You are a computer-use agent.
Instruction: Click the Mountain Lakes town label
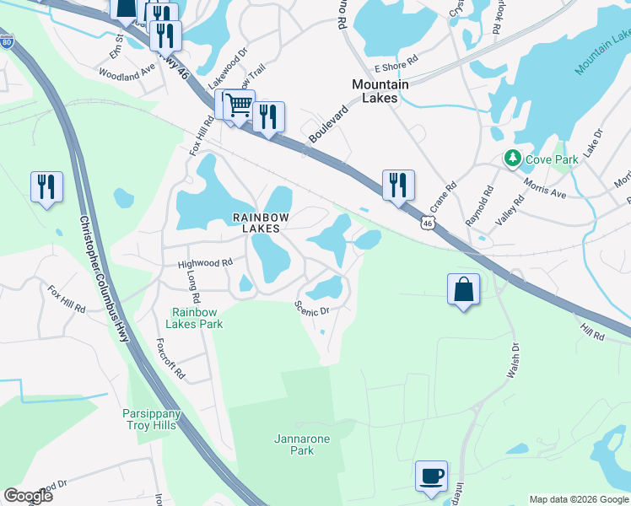(380, 91)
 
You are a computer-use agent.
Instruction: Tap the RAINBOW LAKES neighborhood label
(262, 223)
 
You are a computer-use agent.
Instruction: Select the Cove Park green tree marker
(512, 158)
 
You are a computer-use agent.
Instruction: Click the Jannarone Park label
(302, 444)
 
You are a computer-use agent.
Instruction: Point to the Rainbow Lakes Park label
(198, 318)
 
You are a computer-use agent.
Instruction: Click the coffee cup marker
(432, 476)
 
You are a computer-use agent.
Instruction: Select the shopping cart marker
(240, 105)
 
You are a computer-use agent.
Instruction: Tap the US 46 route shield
(429, 220)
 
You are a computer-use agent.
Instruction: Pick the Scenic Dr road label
(311, 310)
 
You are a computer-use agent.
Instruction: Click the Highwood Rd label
(205, 264)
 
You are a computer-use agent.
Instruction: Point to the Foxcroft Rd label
(171, 359)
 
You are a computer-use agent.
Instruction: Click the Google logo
(29, 496)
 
